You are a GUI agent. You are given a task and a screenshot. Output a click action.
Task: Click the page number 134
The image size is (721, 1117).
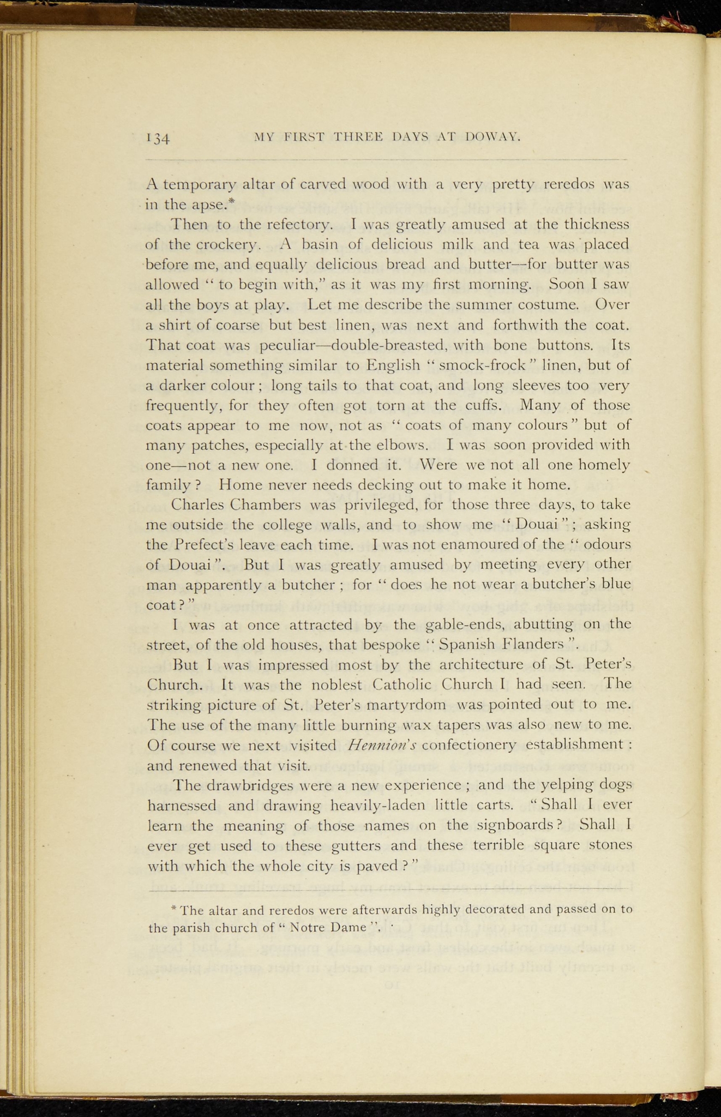159,137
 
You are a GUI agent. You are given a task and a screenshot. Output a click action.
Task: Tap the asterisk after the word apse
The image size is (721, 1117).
231,202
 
